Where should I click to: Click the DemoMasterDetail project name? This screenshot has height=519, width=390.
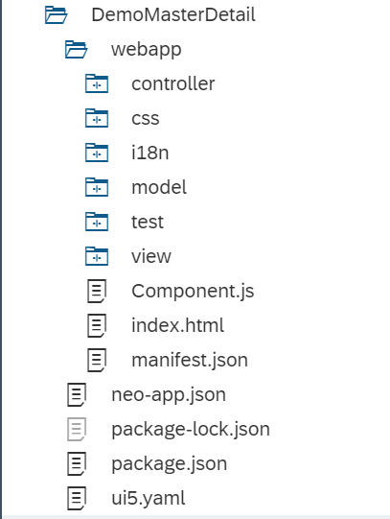pyautogui.click(x=173, y=15)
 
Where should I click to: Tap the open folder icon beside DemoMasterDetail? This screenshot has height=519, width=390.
pyautogui.click(x=56, y=15)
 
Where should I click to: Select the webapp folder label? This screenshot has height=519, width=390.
pyautogui.click(x=146, y=50)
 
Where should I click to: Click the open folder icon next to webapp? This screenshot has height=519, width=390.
pyautogui.click(x=76, y=50)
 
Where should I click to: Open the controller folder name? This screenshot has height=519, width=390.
pyautogui.click(x=173, y=83)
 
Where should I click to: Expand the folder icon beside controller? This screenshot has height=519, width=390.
pyautogui.click(x=97, y=83)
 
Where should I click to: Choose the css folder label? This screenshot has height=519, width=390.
pyautogui.click(x=146, y=119)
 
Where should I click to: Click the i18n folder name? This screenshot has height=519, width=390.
pyautogui.click(x=150, y=153)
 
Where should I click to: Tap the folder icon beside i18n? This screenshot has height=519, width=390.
pyautogui.click(x=97, y=153)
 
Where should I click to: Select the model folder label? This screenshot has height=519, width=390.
pyautogui.click(x=159, y=187)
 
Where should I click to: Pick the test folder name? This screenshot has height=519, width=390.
pyautogui.click(x=148, y=222)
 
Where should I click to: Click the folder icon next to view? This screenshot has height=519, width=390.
pyautogui.click(x=97, y=256)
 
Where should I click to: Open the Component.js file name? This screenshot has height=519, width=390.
pyautogui.click(x=193, y=292)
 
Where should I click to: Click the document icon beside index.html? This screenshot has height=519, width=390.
pyautogui.click(x=97, y=326)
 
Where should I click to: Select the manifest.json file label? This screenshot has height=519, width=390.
pyautogui.click(x=190, y=360)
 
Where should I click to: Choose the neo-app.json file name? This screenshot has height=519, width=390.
pyautogui.click(x=169, y=395)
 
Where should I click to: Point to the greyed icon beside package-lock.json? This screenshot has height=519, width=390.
pyautogui.click(x=77, y=429)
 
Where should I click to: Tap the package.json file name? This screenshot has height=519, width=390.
pyautogui.click(x=170, y=464)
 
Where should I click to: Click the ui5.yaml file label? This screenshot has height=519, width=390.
pyautogui.click(x=149, y=498)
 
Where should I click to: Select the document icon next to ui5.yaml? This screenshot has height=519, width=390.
pyautogui.click(x=77, y=498)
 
